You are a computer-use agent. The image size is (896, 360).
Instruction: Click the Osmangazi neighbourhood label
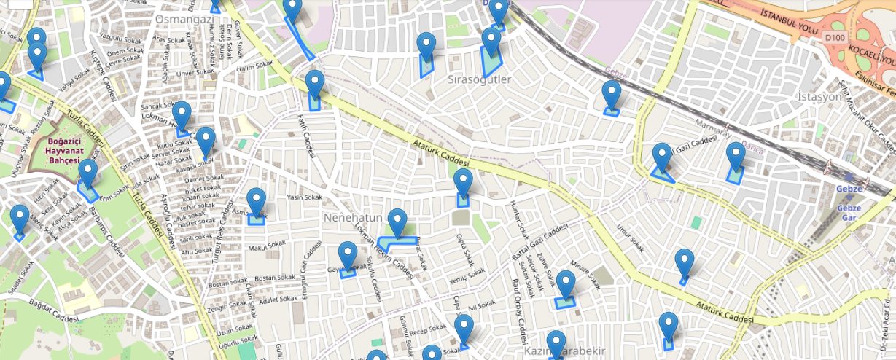point(183,18)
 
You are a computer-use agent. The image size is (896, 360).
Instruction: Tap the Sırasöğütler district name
point(479,79)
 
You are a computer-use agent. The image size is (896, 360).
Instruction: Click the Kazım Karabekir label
point(565,351)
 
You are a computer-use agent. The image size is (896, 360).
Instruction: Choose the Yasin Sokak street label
point(304,197)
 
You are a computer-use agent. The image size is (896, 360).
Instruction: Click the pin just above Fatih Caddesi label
point(315,84)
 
